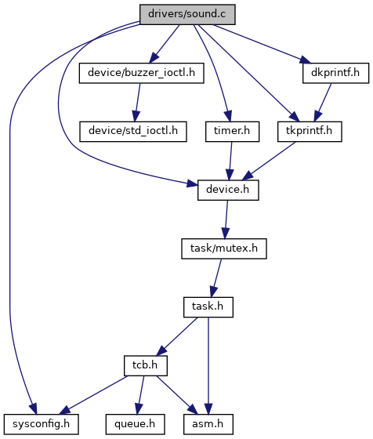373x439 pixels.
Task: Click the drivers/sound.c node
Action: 187,14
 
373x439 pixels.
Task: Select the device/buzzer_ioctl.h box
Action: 141,73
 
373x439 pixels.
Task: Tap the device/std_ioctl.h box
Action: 133,132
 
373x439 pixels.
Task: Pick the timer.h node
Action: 232,132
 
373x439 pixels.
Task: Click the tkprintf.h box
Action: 310,132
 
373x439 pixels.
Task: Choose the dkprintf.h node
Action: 335,73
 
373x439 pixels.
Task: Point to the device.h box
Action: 228,190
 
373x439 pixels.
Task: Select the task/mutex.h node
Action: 224,249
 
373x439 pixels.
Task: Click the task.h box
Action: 208,307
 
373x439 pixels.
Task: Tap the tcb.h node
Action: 146,365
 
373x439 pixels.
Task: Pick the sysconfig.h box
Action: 41,424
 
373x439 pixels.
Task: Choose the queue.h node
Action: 135,424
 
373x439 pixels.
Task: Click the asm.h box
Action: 208,424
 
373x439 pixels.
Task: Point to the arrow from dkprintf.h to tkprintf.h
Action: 323,102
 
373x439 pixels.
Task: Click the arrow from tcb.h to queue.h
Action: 140,395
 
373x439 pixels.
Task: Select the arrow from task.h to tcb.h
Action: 177,337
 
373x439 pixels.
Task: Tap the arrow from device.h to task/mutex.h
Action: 226,219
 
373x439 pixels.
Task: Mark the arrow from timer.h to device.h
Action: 230,161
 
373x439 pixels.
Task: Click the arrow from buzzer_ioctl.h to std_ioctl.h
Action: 137,102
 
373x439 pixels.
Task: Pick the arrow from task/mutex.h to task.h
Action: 216,278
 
